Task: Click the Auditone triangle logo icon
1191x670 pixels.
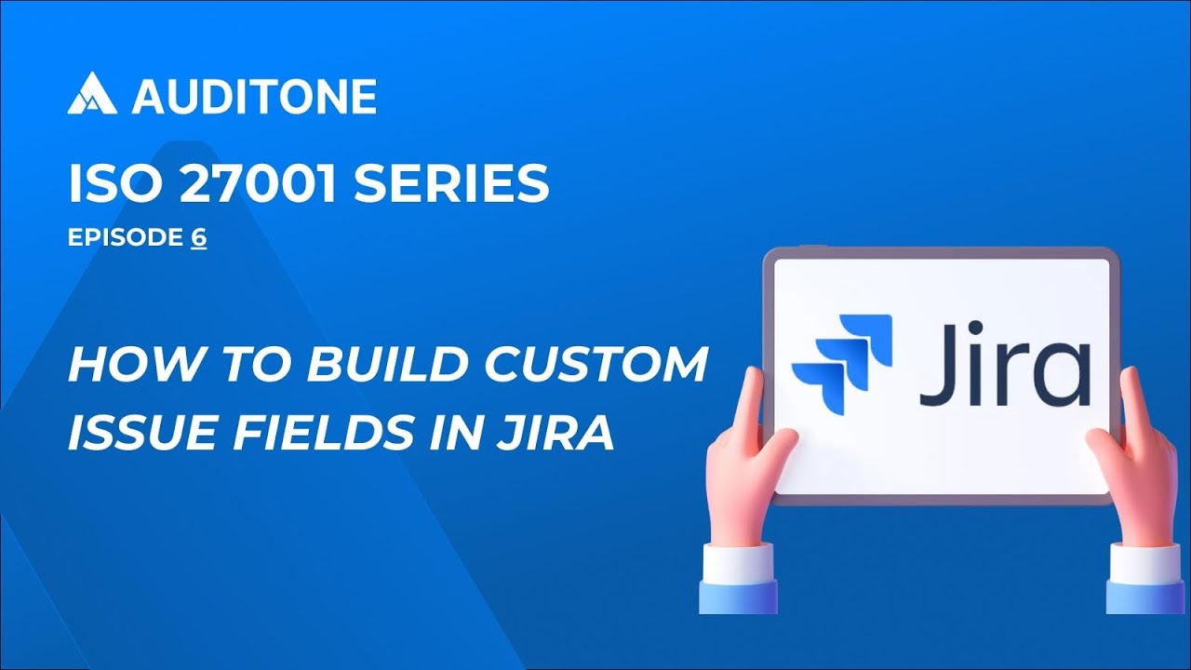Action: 92,93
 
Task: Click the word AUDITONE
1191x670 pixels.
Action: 253,96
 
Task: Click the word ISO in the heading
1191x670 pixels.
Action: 102,185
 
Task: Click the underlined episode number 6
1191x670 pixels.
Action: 199,238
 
